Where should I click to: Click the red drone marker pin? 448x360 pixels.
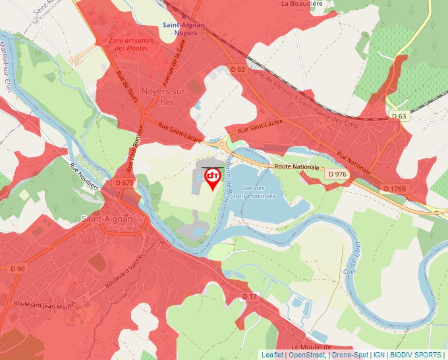pyautogui.click(x=212, y=178)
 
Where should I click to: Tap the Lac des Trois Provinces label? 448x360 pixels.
pyautogui.click(x=263, y=192)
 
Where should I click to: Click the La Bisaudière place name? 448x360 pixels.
pyautogui.click(x=302, y=3)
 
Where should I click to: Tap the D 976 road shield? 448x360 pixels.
pyautogui.click(x=336, y=174)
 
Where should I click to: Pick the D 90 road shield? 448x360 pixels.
pyautogui.click(x=18, y=269)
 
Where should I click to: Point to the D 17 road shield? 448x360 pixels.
pyautogui.click(x=249, y=297)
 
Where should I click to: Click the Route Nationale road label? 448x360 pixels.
pyautogui.click(x=297, y=167)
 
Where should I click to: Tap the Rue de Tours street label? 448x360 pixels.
pyautogui.click(x=126, y=86)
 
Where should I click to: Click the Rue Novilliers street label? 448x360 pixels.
pyautogui.click(x=84, y=177)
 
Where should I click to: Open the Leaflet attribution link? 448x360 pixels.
pyautogui.click(x=273, y=355)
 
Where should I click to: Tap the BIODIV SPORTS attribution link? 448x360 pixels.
pyautogui.click(x=416, y=355)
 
